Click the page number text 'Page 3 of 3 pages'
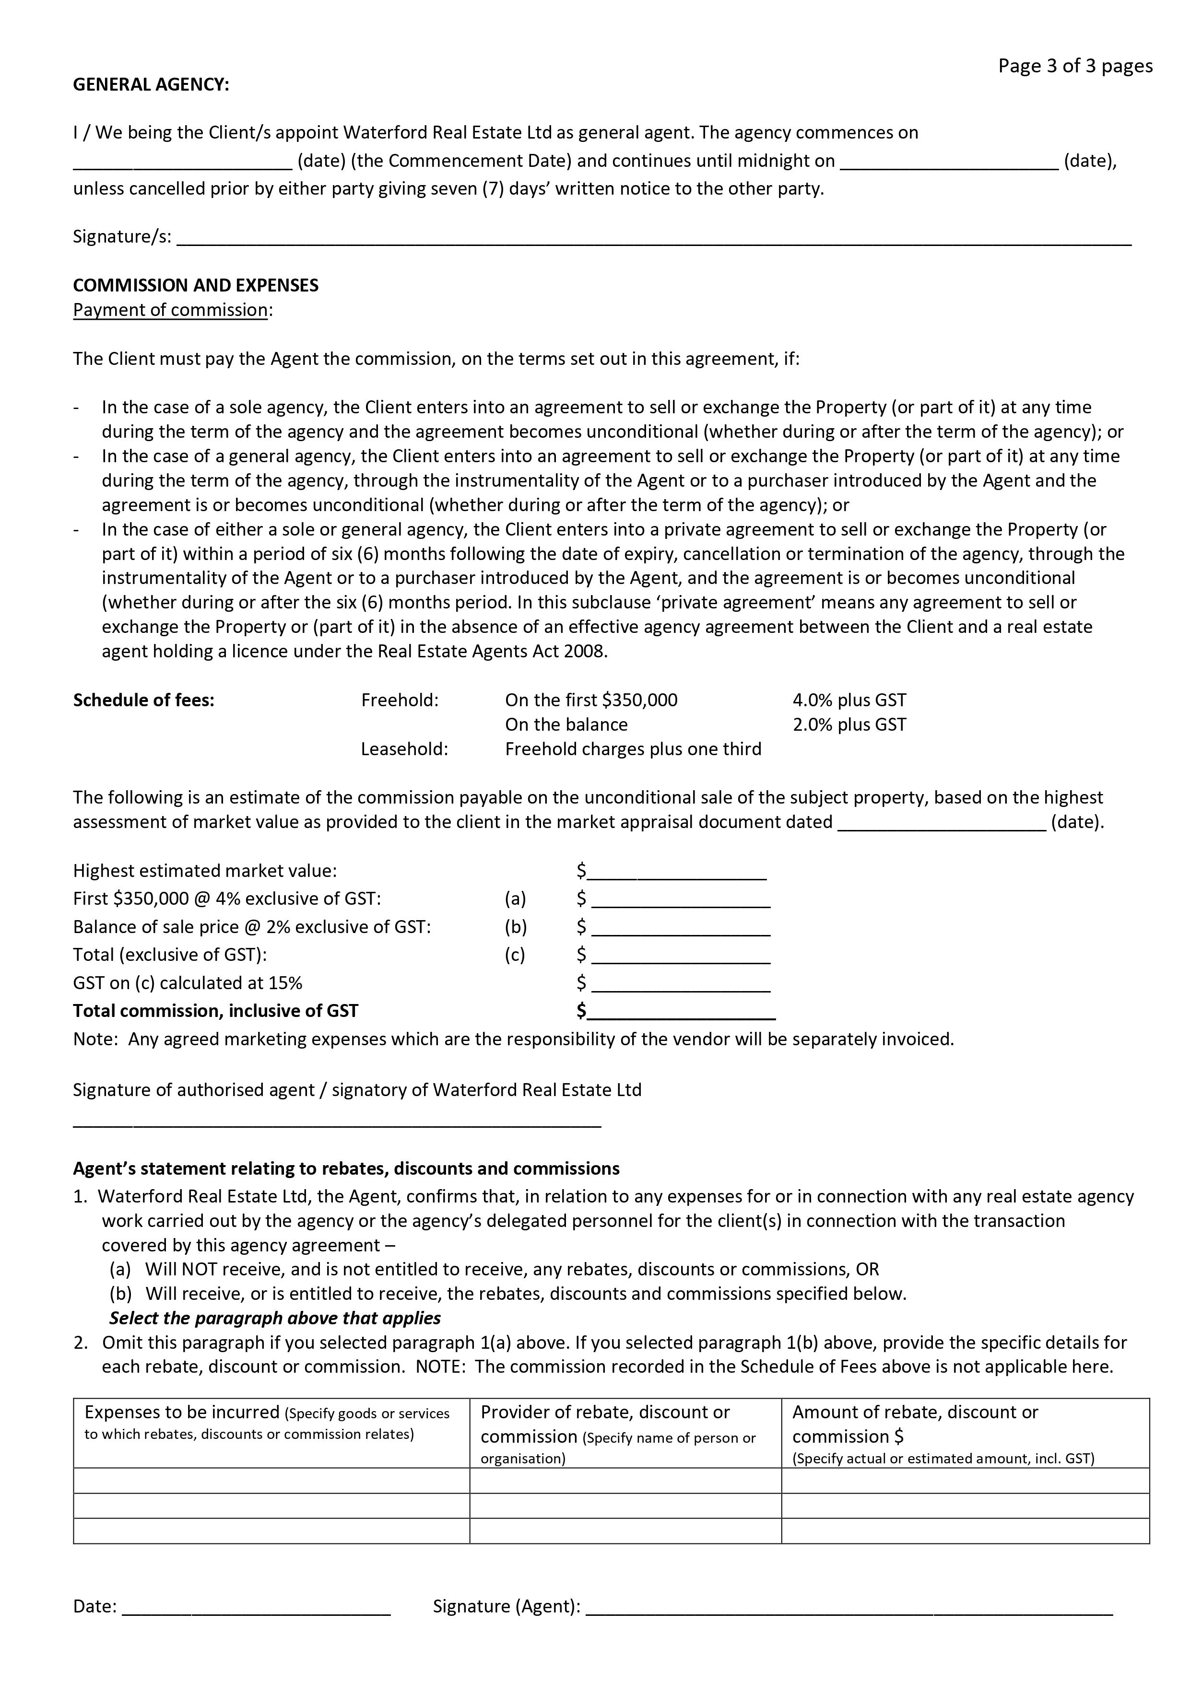coord(1074,67)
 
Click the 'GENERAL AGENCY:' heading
coord(151,85)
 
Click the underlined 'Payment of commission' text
coord(170,310)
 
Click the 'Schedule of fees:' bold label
coord(143,701)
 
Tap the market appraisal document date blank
coord(941,823)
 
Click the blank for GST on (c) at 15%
coord(681,984)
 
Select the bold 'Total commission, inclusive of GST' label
coord(215,1012)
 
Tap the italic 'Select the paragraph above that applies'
coord(275,1318)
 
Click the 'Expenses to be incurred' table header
coord(182,1413)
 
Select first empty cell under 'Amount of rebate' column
coord(964,1481)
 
